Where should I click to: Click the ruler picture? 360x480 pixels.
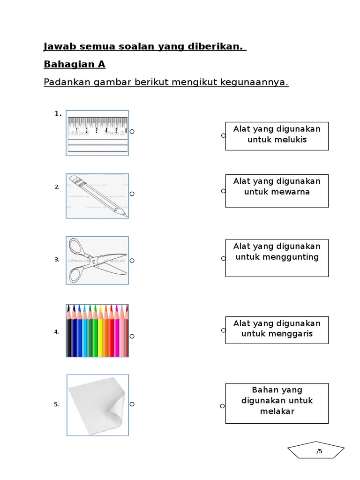97,133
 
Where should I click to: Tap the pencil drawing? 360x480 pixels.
97,196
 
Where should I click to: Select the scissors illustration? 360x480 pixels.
97,260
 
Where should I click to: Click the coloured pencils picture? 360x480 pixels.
97,330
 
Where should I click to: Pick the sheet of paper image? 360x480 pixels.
97,405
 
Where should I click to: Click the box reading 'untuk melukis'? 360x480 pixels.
277,136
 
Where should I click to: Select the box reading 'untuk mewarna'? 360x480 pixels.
277,191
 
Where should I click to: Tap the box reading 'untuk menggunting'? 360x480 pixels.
277,258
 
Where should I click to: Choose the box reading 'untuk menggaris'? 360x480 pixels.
277,330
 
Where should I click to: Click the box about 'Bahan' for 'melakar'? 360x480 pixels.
277,403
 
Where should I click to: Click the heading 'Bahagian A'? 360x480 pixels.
75,64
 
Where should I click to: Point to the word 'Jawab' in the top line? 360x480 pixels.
59,47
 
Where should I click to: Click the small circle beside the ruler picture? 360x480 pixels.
132,132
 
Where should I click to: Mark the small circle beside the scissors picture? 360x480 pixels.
132,261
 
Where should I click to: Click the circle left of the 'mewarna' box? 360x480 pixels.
223,191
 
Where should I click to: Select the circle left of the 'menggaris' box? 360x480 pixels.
223,330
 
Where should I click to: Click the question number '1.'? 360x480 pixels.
58,113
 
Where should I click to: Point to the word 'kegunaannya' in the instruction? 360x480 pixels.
257,83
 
